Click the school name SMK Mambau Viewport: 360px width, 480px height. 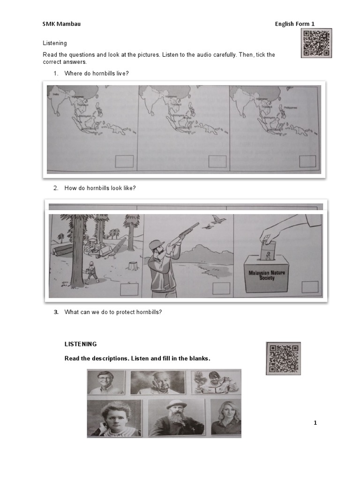tap(61, 24)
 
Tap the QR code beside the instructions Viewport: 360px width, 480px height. tap(316, 43)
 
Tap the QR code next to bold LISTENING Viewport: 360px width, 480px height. tap(283, 358)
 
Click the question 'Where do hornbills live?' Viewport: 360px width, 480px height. tap(97, 74)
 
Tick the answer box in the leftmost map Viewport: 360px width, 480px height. tap(124, 162)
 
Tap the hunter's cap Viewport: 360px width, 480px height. tap(156, 244)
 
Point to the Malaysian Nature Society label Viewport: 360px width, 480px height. tap(266, 274)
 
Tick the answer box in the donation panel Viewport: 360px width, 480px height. tap(309, 287)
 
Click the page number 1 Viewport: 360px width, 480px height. tap(315, 423)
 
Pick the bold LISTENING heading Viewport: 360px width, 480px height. tap(81, 344)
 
